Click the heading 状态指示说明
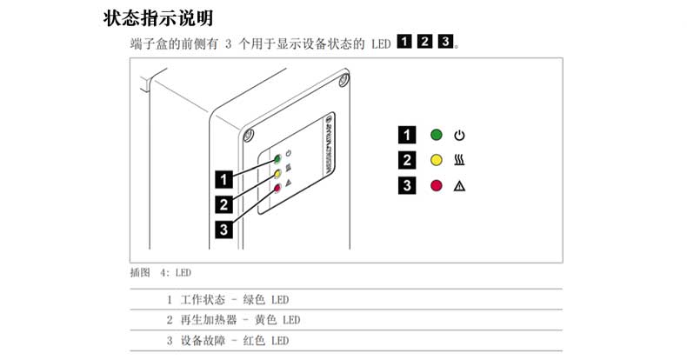pyautogui.click(x=158, y=17)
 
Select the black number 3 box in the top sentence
pyautogui.click(x=445, y=42)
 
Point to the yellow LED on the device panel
pyautogui.click(x=277, y=174)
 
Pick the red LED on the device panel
pyautogui.click(x=277, y=188)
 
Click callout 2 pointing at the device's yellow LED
pyautogui.click(x=224, y=204)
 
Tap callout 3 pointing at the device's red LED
pyautogui.click(x=224, y=230)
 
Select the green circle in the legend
pyautogui.click(x=437, y=136)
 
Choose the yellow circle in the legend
pyautogui.click(x=437, y=161)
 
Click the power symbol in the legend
pyautogui.click(x=460, y=136)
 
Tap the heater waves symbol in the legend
pyautogui.click(x=460, y=161)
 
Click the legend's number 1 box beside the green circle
pyautogui.click(x=407, y=136)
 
